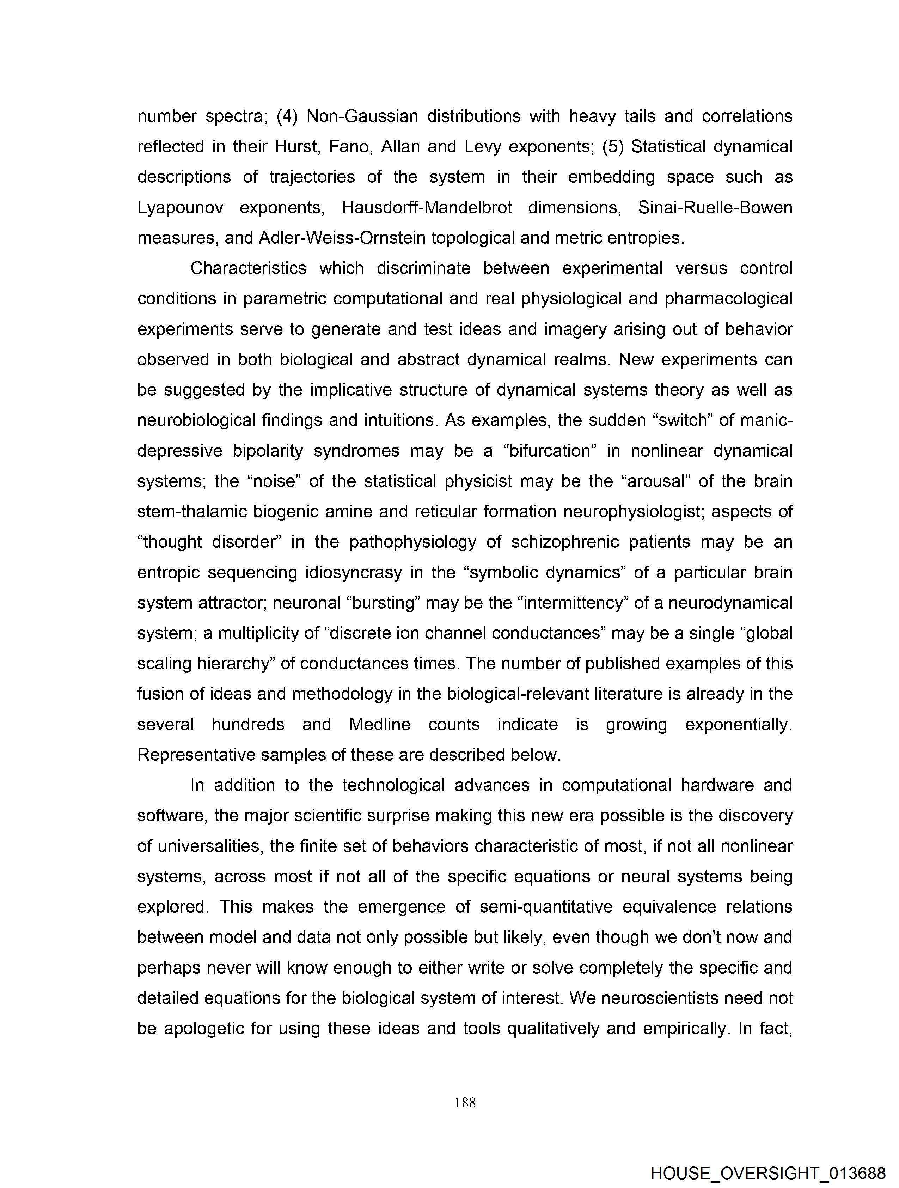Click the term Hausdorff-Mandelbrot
(427, 207)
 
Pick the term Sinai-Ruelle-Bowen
(715, 207)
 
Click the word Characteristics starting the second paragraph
(248, 268)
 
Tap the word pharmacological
(728, 299)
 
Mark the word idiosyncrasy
(353, 573)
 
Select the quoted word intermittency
(573, 603)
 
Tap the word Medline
(380, 725)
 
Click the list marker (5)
(613, 147)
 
